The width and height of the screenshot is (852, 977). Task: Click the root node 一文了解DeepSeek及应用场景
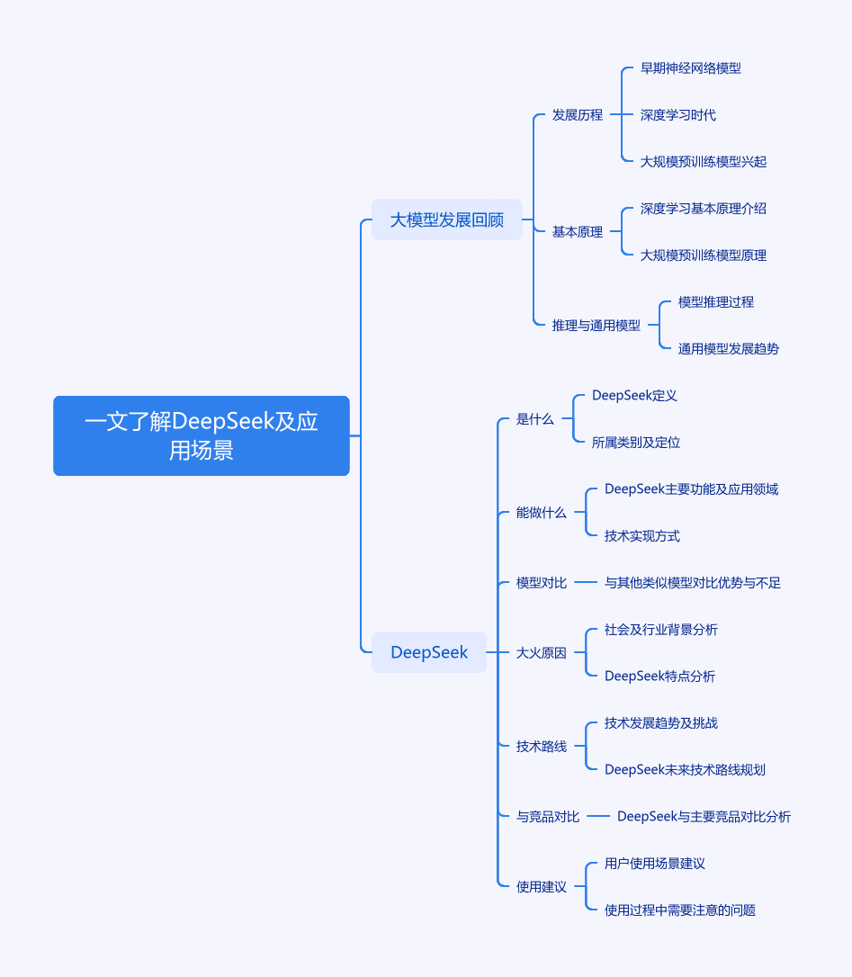202,435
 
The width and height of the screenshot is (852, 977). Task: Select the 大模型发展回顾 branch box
447,220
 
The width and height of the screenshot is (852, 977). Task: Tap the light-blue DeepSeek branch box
429,652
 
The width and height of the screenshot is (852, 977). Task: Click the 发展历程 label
577,114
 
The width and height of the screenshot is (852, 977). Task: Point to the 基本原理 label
577,232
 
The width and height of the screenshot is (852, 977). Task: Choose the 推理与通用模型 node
596,326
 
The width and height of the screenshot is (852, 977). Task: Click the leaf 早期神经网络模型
691,67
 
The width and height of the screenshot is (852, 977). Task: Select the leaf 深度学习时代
678,114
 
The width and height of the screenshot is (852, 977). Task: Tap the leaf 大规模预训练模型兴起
703,161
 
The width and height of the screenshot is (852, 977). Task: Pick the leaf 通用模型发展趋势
729,348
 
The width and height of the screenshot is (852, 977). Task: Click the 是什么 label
534,418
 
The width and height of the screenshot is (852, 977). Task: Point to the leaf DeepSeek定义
634,395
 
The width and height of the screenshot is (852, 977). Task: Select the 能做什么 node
541,512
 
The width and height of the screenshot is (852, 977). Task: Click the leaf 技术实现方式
642,536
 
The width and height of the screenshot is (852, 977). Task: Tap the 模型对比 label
541,583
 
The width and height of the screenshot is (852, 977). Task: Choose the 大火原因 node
541,652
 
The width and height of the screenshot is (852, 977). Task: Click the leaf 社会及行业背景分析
660,630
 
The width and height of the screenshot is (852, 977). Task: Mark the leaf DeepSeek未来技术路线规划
685,769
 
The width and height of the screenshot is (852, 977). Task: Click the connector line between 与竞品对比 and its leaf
597,816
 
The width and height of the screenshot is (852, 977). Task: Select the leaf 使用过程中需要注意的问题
680,910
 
